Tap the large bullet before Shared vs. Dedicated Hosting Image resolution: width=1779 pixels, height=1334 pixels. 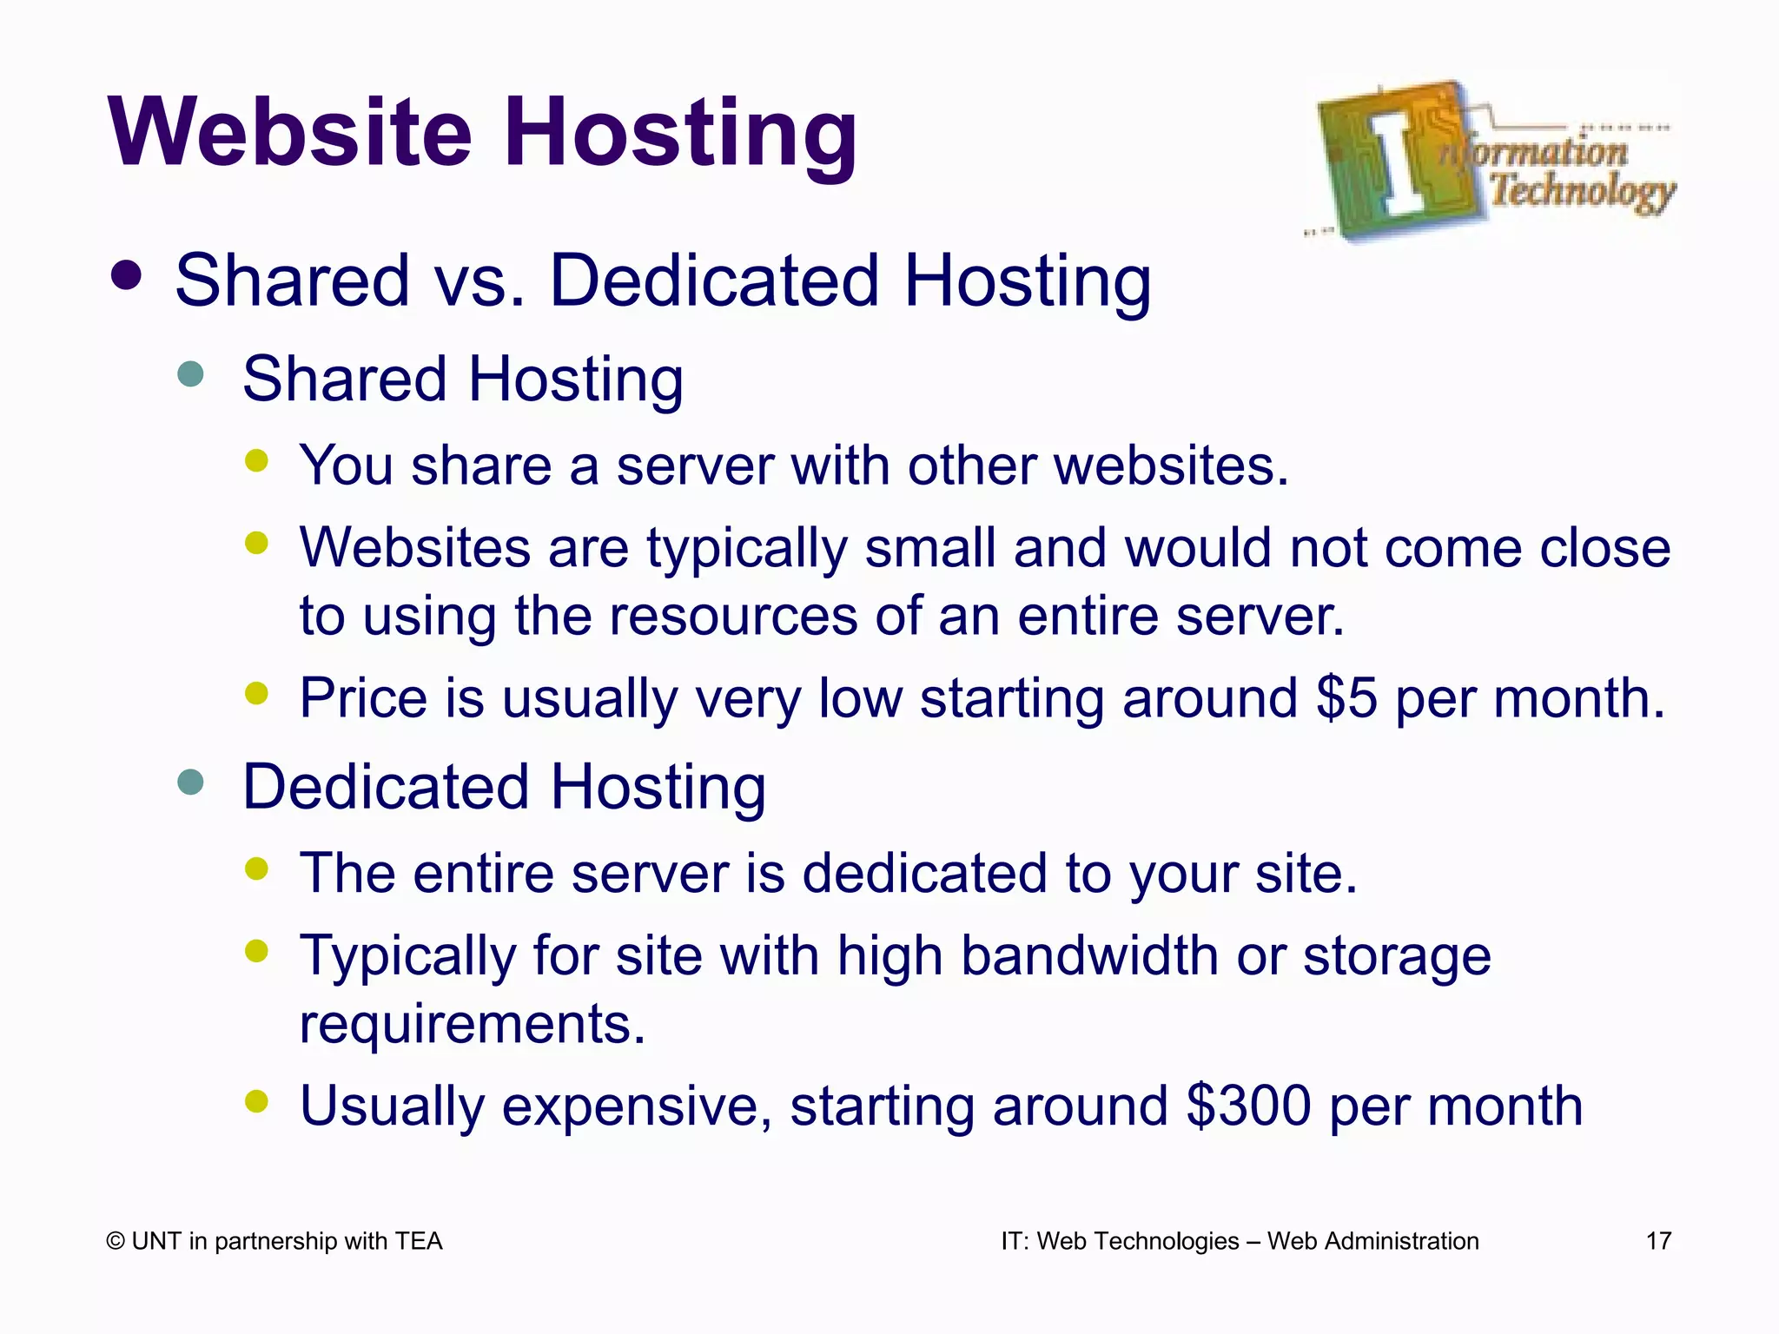coord(127,276)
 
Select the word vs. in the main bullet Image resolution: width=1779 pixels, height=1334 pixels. coord(480,281)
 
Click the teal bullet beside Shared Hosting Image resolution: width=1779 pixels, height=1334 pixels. coord(189,374)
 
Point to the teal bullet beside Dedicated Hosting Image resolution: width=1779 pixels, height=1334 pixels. coord(189,782)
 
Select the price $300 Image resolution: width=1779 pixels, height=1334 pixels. coord(1248,1106)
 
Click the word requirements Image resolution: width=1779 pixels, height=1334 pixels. coord(472,1024)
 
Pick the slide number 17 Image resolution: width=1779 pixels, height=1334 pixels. coord(1658,1241)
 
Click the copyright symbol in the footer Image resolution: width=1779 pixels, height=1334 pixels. coord(115,1242)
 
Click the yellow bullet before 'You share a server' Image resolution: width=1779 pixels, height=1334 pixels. coord(256,461)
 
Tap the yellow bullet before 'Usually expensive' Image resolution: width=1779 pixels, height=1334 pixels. coord(256,1101)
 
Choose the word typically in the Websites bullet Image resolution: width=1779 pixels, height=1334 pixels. coord(746,550)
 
